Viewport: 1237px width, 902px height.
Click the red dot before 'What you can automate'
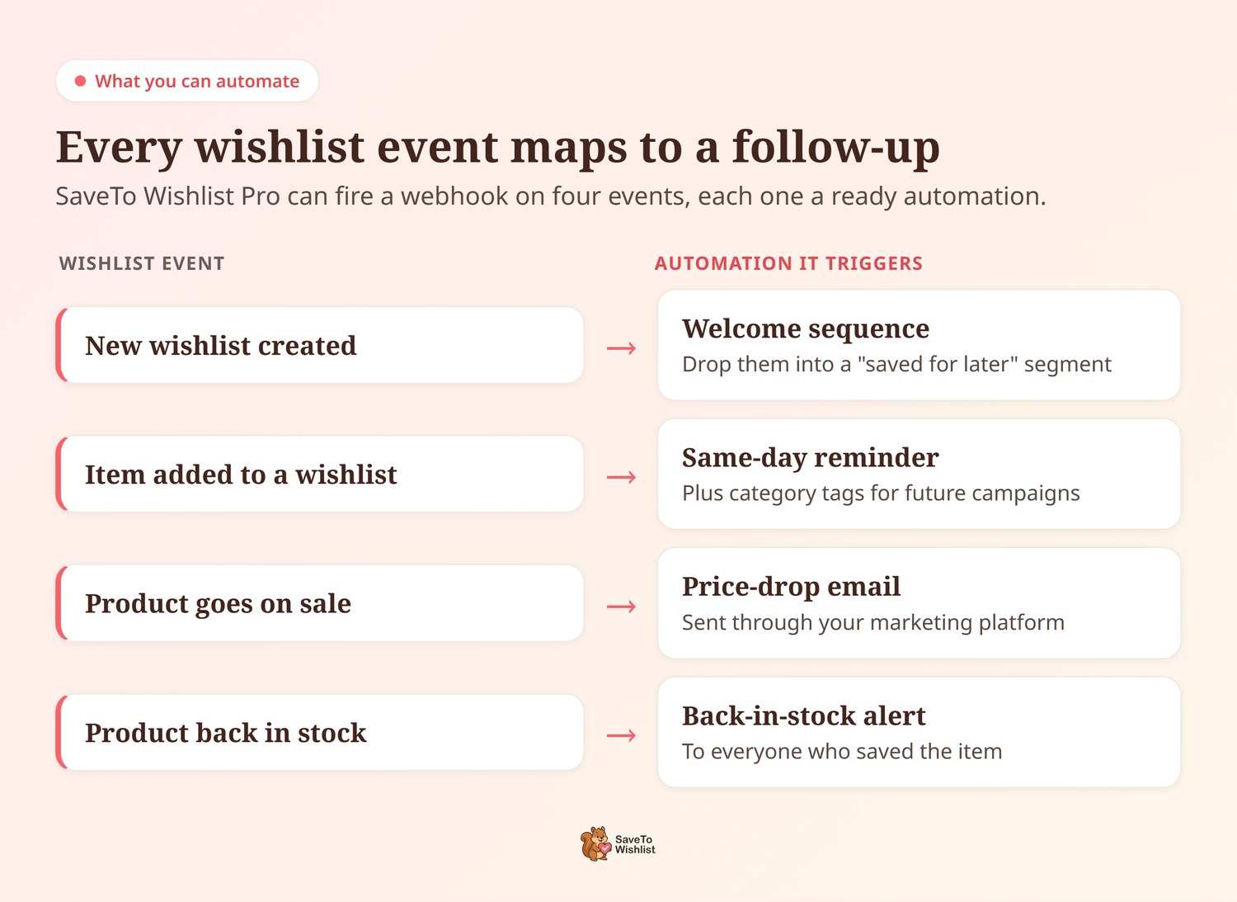[80, 81]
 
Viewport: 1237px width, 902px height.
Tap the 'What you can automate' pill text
[197, 81]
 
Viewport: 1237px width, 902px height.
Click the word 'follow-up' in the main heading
[835, 148]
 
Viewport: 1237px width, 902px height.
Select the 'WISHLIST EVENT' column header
[142, 263]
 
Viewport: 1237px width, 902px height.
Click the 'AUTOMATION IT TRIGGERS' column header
[788, 263]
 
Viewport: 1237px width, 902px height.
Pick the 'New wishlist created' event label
[221, 346]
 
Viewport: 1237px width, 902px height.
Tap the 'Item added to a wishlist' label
[241, 475]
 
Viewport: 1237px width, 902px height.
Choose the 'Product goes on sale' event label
[219, 604]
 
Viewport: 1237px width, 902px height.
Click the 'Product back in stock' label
[226, 733]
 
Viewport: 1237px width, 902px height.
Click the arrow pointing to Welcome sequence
[621, 348]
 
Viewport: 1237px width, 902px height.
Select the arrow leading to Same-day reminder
[621, 477]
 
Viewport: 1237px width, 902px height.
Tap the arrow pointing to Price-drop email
[621, 607]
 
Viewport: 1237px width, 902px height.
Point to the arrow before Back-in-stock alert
[621, 735]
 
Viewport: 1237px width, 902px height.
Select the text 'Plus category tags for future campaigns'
[881, 494]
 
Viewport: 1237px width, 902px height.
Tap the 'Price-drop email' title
[792, 587]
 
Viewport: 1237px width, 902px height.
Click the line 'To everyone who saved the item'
[842, 752]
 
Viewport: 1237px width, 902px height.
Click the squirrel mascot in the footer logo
[596, 844]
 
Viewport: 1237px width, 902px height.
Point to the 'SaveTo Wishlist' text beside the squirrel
[635, 844]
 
